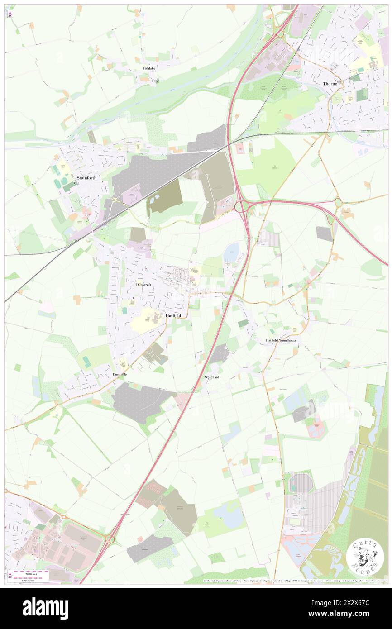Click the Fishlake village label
coord(149,68)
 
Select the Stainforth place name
coord(87,178)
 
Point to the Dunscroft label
coord(146,285)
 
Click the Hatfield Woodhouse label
coord(281,340)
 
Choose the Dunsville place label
coord(120,374)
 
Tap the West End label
coord(212,377)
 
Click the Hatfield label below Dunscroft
coord(174,315)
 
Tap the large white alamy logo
coord(45,608)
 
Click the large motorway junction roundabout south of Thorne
coord(242,207)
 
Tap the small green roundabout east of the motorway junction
coord(338,202)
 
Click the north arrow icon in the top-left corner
coord(10,14)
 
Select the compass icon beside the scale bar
coord(10,575)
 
